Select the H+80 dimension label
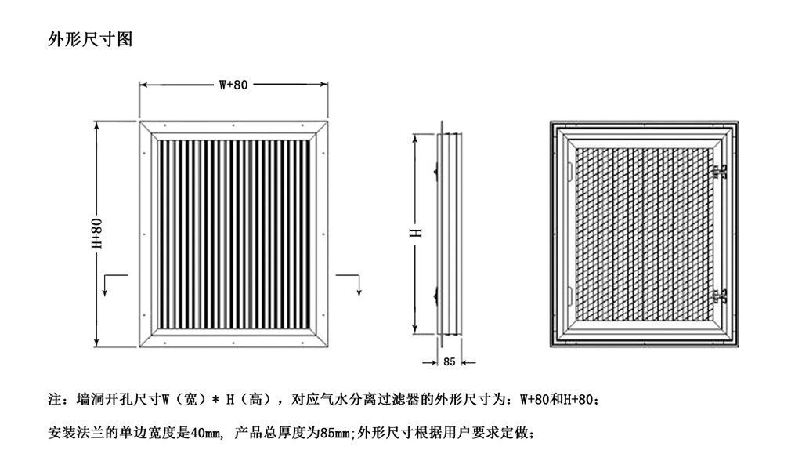[x=97, y=234]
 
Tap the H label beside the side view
[x=418, y=233]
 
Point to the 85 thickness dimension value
[x=449, y=362]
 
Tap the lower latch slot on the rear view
[x=569, y=296]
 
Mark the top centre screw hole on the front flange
[x=233, y=125]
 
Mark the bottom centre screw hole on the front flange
[x=233, y=343]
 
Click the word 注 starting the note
[x=55, y=401]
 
